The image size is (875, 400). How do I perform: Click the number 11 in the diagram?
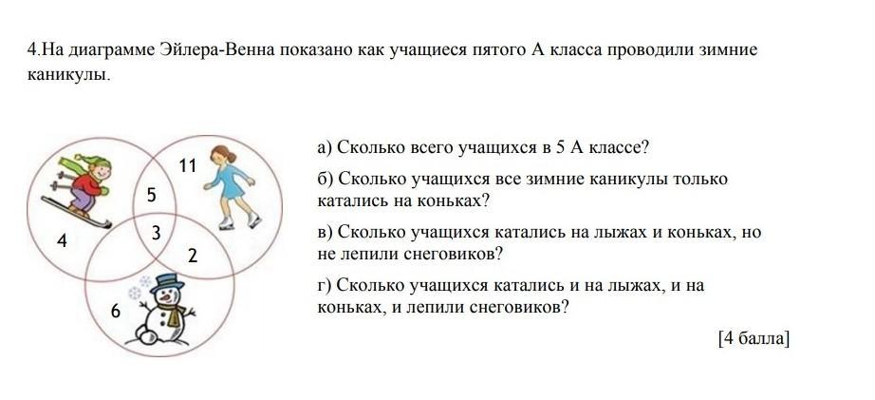point(188,165)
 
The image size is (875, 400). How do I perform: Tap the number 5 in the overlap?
point(152,195)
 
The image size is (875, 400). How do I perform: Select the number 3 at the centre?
point(157,233)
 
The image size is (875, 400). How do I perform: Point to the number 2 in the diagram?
point(193,256)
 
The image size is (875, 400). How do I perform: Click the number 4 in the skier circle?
point(62,240)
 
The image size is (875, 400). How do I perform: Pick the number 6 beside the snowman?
point(116,311)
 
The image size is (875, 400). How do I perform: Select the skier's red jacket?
point(89,183)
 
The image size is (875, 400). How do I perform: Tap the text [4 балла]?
point(754,338)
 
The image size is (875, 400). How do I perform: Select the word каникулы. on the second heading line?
point(69,74)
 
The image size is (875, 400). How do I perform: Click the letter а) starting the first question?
point(325,148)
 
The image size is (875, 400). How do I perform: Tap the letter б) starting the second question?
point(326,180)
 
